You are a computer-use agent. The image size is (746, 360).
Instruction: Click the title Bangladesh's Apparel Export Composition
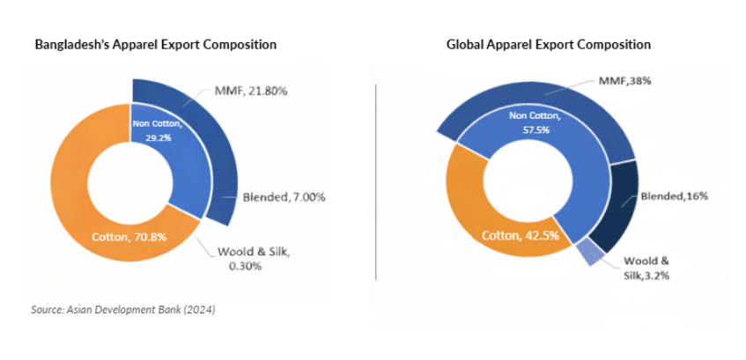coord(155,44)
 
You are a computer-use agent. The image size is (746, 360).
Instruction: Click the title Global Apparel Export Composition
coord(548,44)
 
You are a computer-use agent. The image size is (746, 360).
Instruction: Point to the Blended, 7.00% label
coord(283,197)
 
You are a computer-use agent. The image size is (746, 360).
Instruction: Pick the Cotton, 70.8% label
coord(130,236)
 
